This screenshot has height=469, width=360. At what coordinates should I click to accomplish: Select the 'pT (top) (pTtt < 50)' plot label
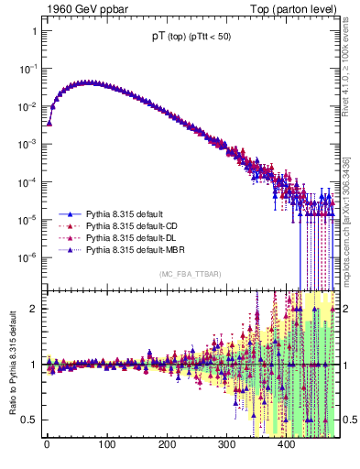point(191,37)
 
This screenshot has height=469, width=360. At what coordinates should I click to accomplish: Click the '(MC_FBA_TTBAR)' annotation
point(191,274)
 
